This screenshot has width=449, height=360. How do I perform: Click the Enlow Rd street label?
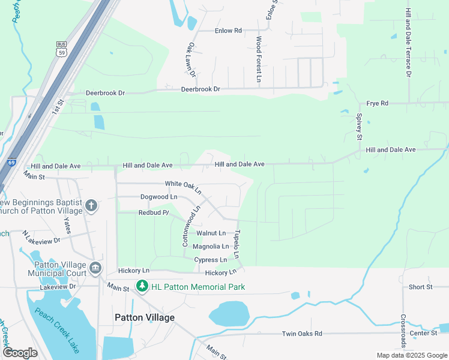[x=229, y=30]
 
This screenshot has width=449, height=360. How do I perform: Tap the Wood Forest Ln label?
[x=259, y=59]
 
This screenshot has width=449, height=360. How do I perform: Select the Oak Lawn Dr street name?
[x=191, y=60]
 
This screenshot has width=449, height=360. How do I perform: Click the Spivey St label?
[x=360, y=127]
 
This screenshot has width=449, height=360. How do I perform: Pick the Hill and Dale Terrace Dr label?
[x=408, y=43]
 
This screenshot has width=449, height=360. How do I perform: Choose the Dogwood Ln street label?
[x=158, y=197]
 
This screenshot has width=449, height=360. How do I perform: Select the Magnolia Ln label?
[x=210, y=247]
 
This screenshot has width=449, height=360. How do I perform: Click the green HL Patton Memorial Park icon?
[x=142, y=287]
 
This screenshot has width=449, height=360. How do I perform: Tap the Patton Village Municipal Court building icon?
[x=95, y=267]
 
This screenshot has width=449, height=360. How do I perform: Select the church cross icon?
[x=91, y=206]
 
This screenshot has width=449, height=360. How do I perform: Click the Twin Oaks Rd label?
[x=302, y=334]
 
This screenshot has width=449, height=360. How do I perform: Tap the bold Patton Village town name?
[x=145, y=317]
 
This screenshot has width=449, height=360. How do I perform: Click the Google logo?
[x=20, y=353]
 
